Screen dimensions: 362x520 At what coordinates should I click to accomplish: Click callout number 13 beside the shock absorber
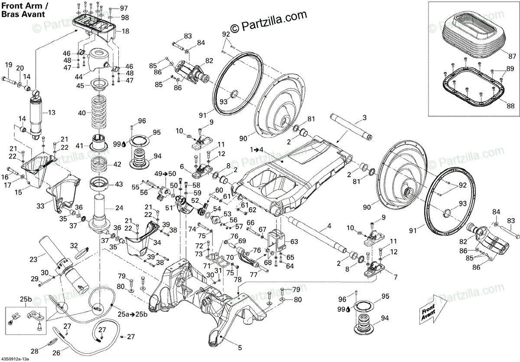52,113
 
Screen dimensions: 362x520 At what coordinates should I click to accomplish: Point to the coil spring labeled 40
101,113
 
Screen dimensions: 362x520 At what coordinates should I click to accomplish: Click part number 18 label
125,31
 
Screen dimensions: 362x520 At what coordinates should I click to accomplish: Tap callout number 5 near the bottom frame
240,347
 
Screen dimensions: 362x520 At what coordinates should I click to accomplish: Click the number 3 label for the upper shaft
364,117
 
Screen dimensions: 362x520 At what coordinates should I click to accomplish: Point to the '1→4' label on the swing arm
257,149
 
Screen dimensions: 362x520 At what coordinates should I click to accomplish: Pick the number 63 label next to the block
294,241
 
